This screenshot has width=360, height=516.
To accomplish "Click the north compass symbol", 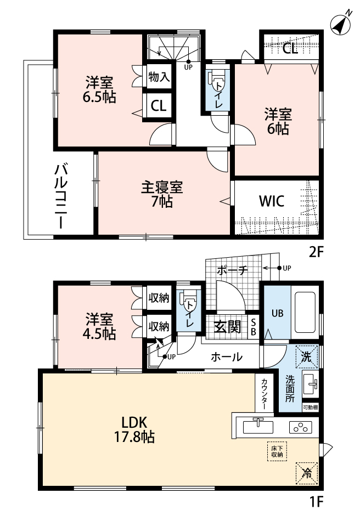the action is click(341, 22).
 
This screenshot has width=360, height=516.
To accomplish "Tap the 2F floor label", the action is click(316, 252).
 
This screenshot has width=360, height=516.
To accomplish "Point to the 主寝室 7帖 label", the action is click(162, 194).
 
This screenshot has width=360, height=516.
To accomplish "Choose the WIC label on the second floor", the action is click(272, 201).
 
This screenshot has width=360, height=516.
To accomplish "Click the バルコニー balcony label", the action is click(61, 197).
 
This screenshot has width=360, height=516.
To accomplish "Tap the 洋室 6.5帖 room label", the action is click(99, 89).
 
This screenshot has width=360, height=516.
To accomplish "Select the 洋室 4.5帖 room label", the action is click(99, 326).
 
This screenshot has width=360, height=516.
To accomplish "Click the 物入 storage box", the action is click(159, 77).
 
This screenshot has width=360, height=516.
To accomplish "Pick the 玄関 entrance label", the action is click(228, 327).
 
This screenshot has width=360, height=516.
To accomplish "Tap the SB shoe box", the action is click(253, 327).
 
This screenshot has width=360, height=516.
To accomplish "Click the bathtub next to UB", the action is click(306, 312).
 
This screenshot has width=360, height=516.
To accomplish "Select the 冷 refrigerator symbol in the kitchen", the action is click(307, 473).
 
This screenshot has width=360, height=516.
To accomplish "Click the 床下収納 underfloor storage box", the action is click(277, 451).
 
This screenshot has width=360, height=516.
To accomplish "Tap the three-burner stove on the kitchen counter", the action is click(300, 427).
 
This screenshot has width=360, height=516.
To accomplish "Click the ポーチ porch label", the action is click(232, 270).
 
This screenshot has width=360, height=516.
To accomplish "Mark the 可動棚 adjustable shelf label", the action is click(310, 407).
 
